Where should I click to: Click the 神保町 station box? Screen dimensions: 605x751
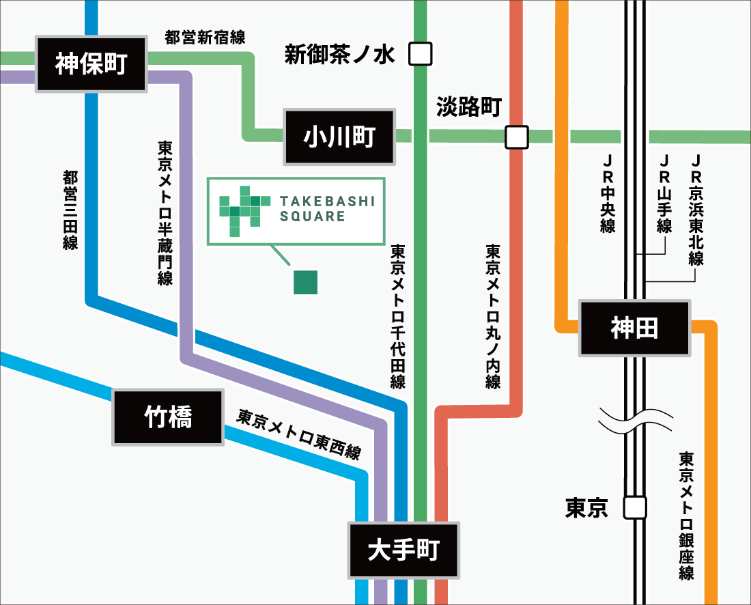(91, 65)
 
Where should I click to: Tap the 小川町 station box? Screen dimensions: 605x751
(339, 137)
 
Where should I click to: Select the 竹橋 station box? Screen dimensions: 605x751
(168, 417)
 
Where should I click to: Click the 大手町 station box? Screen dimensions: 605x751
(403, 550)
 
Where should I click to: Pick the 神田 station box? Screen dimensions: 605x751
(634, 328)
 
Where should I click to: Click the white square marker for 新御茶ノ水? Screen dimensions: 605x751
(421, 54)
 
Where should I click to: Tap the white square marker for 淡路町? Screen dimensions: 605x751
(517, 137)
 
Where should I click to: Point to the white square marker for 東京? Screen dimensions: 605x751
(635, 507)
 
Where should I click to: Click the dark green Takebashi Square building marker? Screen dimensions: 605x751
(305, 282)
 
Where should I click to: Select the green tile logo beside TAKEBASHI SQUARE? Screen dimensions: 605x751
(240, 211)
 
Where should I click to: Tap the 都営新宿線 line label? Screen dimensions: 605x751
(205, 38)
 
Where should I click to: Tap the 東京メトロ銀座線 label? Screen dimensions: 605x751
(686, 515)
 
